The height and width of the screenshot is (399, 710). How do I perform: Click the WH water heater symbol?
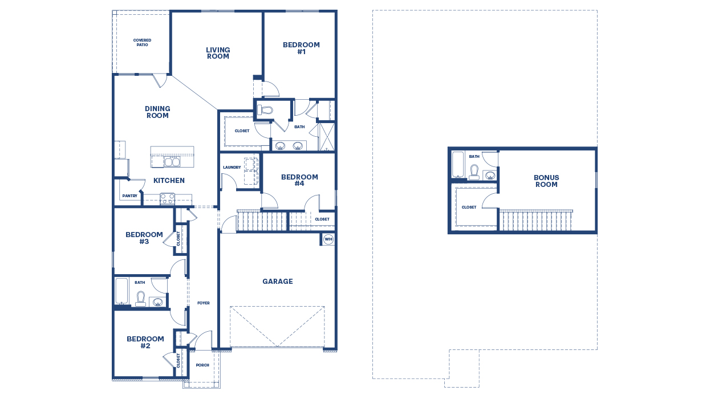[x=328, y=239]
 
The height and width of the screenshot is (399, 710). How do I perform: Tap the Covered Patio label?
[x=142, y=43]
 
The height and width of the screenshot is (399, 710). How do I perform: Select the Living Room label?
[x=218, y=53]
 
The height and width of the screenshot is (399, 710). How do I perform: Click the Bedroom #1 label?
[x=301, y=48]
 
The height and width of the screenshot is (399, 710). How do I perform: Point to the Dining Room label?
[x=157, y=112]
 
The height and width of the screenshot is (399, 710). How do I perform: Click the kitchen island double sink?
[x=172, y=162]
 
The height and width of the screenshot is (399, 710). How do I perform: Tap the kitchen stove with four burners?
[x=167, y=199]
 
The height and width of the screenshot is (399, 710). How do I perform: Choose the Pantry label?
[x=129, y=197]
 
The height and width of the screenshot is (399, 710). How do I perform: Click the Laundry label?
[x=232, y=168]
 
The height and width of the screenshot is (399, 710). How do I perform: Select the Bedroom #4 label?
[x=299, y=180]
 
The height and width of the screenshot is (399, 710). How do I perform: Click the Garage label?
[x=278, y=282]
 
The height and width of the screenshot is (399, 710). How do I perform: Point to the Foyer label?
[x=203, y=303]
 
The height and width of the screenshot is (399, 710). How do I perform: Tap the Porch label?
[x=202, y=365]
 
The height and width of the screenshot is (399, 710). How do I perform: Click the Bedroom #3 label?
[x=144, y=238]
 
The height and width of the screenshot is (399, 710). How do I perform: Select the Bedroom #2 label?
[x=145, y=342]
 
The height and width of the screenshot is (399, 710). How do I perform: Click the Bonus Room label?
[x=546, y=181]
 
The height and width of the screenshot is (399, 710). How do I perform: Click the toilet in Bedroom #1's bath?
[x=265, y=109]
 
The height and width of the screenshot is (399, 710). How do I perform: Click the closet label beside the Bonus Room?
[x=469, y=207]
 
